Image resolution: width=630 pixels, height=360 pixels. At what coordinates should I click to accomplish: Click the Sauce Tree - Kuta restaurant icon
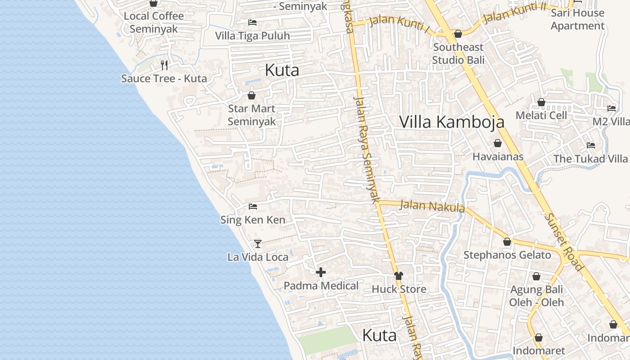164,65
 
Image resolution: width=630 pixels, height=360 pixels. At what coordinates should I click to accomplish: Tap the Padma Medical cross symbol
321,272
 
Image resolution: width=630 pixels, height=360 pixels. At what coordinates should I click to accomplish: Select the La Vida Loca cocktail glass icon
257,243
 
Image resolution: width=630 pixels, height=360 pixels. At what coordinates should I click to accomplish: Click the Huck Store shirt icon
398,275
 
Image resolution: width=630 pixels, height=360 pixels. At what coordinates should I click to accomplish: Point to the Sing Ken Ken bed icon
253,207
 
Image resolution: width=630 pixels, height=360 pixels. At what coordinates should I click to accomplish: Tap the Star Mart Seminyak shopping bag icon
251,95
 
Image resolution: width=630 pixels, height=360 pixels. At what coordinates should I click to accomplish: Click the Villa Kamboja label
452,122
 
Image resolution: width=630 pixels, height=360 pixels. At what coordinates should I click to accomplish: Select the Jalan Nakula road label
432,207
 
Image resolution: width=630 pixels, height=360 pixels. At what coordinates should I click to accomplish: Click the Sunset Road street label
564,241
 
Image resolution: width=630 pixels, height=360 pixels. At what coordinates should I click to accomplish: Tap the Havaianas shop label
498,157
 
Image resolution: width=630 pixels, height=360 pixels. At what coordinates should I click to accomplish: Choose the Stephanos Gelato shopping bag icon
507,242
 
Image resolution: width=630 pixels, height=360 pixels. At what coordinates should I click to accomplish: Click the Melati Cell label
541,115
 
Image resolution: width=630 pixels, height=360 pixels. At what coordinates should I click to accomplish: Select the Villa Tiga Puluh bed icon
252,22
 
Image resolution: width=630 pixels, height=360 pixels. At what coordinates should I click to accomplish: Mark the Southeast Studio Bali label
458,54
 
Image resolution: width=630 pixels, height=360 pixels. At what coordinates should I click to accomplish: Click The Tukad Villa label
590,159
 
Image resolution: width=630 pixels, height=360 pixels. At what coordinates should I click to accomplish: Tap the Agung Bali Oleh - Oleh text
536,296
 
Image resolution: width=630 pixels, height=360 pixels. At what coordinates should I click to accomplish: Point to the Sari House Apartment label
577,19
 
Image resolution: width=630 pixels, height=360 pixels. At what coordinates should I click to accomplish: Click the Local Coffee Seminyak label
154,22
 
